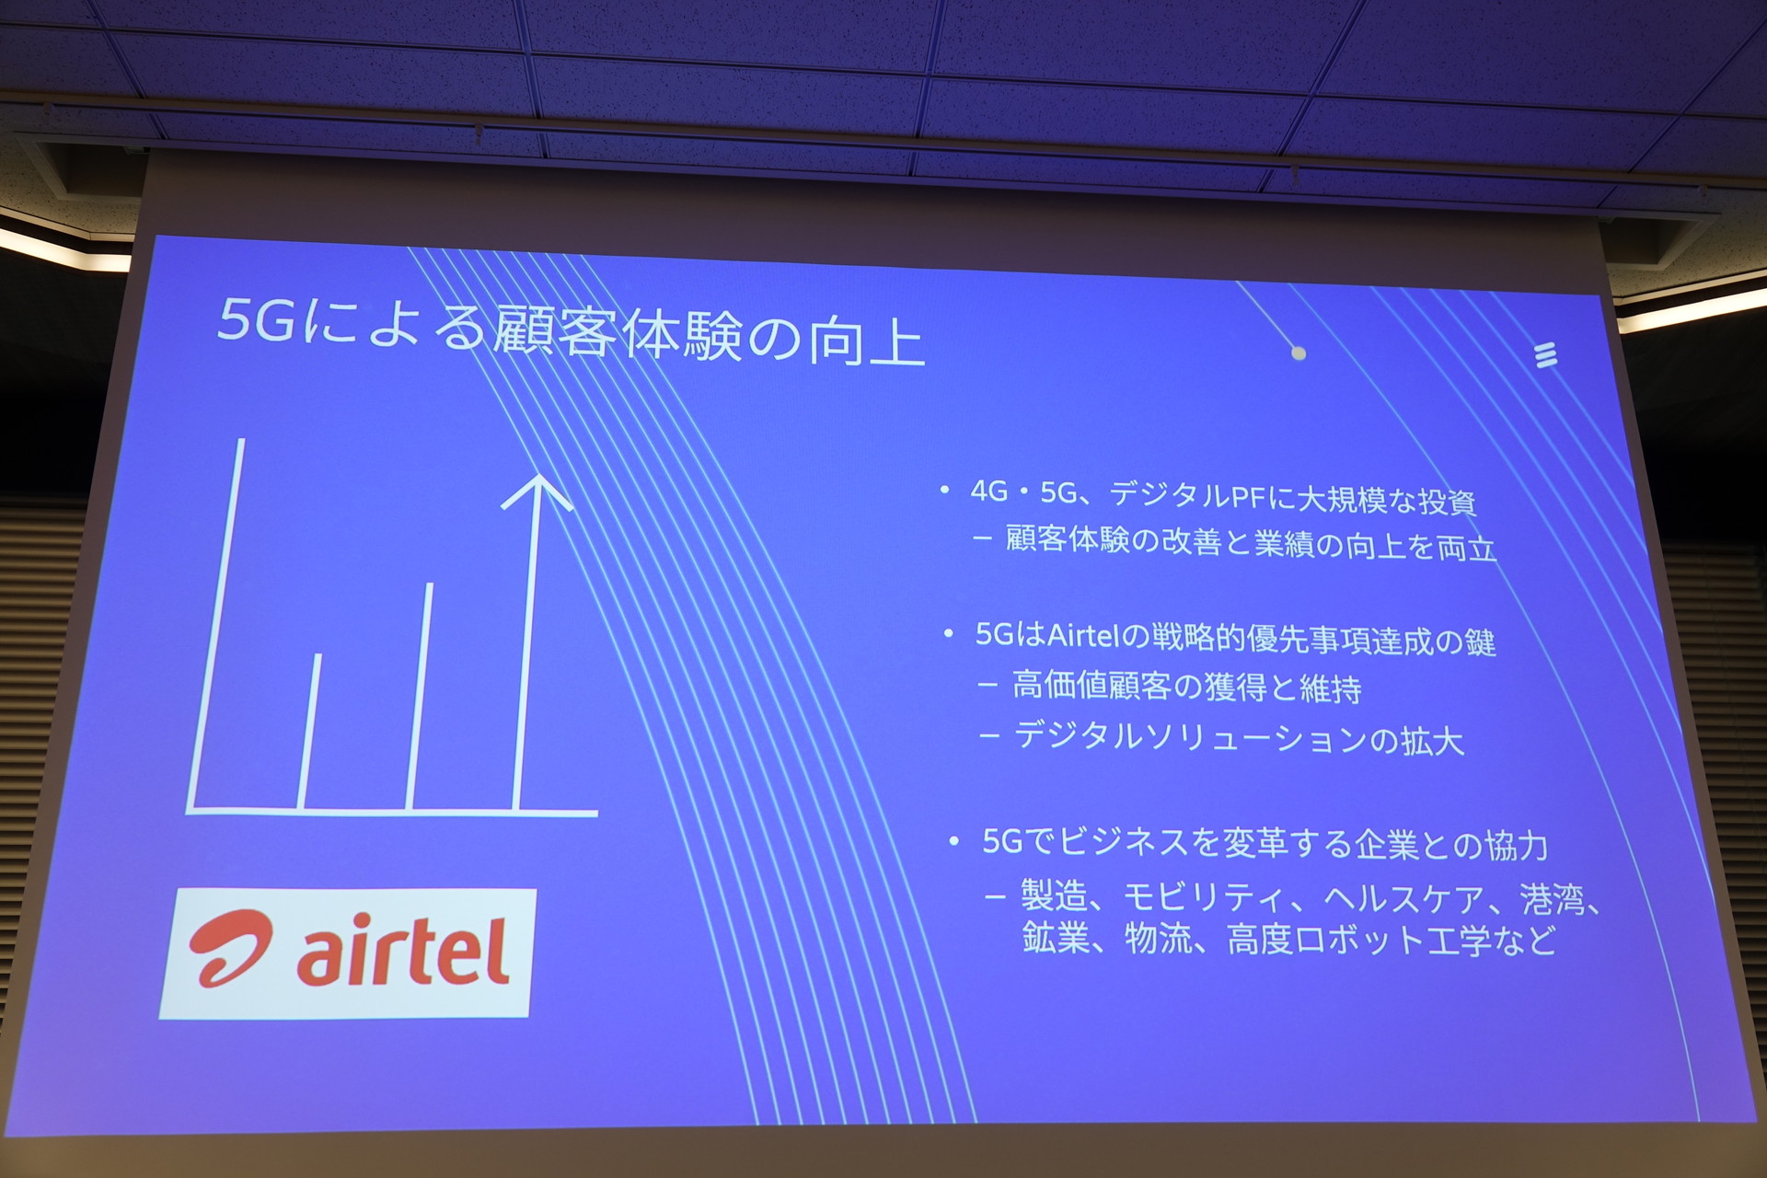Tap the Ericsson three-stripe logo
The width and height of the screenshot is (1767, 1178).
pyautogui.click(x=1547, y=354)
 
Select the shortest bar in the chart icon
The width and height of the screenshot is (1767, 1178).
pyautogui.click(x=309, y=732)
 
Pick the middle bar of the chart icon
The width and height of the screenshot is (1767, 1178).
pyautogui.click(x=420, y=697)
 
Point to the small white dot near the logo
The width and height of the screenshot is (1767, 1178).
pyautogui.click(x=1299, y=352)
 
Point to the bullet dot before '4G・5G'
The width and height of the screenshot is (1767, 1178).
pyautogui.click(x=944, y=491)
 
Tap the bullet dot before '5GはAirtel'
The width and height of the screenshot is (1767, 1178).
pyautogui.click(x=949, y=634)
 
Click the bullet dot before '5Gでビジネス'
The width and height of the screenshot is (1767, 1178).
pyautogui.click(x=953, y=840)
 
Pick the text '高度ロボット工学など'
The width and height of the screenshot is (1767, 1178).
pyautogui.click(x=1391, y=940)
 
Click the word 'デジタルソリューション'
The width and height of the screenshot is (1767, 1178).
pyautogui.click(x=1188, y=738)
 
